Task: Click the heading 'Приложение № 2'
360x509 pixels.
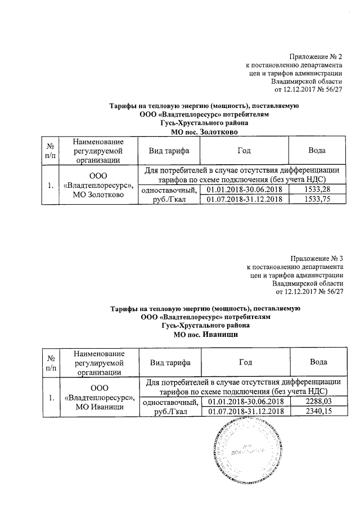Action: coord(316,57)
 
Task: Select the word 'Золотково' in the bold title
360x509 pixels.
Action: coord(215,131)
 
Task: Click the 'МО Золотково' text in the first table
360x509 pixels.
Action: coord(98,195)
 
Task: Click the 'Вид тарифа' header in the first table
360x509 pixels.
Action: coord(168,151)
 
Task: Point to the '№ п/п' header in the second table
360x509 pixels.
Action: coord(52,362)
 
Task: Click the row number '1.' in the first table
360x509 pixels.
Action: coord(52,184)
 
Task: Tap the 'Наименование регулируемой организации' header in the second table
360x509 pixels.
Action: coord(98,362)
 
